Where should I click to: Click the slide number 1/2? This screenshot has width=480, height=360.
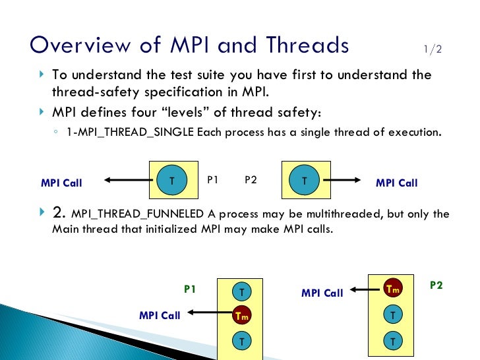[433, 49]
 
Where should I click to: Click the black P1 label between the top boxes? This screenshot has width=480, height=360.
[213, 179]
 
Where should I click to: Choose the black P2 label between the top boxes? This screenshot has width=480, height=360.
[251, 179]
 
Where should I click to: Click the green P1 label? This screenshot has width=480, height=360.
[190, 289]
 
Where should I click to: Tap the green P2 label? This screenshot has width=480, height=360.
[436, 285]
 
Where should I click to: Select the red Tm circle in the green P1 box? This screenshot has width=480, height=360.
[242, 316]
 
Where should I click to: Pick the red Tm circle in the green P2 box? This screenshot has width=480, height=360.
[393, 289]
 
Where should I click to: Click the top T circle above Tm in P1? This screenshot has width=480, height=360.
[242, 291]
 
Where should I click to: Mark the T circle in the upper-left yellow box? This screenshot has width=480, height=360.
[172, 180]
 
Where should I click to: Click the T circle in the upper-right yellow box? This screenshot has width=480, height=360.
[304, 180]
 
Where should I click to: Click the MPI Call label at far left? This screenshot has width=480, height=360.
[61, 183]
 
